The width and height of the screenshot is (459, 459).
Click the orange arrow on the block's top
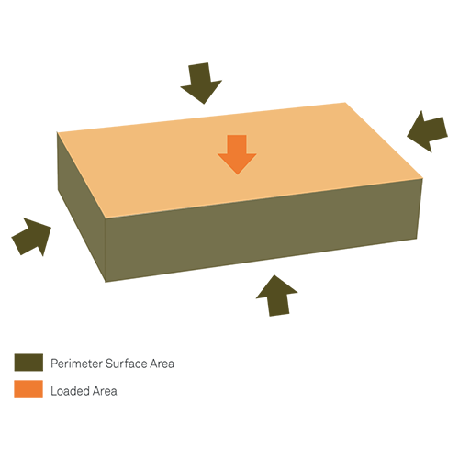point(237,154)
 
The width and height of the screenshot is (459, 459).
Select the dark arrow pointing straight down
point(201,83)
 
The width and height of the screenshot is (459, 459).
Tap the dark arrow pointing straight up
point(277,296)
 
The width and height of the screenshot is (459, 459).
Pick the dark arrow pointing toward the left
point(428,131)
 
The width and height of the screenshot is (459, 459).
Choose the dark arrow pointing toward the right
point(31,237)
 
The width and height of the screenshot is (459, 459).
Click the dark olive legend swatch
point(28,363)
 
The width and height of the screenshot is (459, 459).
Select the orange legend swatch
point(28,389)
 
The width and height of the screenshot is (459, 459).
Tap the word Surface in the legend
point(127,364)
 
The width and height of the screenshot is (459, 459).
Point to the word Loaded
point(71,391)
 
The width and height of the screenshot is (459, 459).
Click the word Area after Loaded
point(105,391)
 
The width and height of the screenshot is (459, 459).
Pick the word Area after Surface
point(162,364)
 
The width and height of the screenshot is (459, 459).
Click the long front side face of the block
point(263,229)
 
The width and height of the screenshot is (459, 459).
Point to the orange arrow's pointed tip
point(238,174)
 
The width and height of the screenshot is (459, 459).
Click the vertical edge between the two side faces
point(106,250)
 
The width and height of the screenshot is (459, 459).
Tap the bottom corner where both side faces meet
point(106,282)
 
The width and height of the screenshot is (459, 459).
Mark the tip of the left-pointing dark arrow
point(407,136)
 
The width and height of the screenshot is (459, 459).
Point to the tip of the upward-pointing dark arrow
point(274,275)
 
